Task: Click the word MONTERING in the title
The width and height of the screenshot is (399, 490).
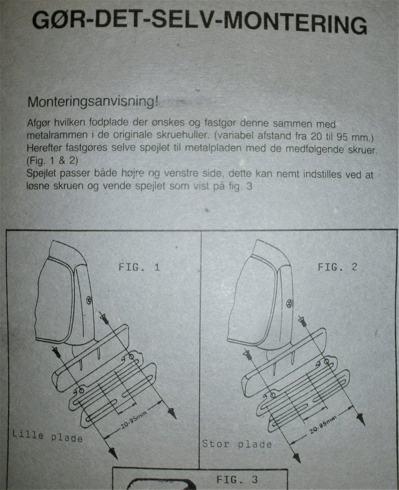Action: [x=295, y=23]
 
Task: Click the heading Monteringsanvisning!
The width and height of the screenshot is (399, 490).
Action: [x=93, y=102]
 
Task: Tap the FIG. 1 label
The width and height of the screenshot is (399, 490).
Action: [x=139, y=267]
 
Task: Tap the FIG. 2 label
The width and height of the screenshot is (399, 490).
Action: [x=337, y=267]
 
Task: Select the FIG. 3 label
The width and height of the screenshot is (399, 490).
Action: [x=237, y=479]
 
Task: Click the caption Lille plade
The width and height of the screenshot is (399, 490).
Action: [x=47, y=436]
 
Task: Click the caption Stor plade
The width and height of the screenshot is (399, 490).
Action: [x=237, y=444]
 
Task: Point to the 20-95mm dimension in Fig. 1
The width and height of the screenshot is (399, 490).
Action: [x=134, y=420]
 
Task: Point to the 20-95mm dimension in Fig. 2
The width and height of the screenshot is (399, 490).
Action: [x=323, y=425]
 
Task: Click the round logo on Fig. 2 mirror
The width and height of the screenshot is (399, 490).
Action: [x=290, y=303]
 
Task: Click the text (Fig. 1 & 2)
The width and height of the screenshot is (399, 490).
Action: [x=52, y=160]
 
